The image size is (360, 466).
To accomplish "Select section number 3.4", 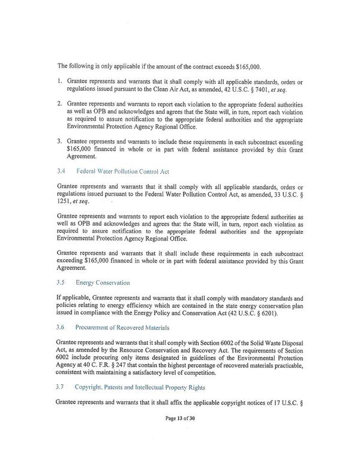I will tap(61, 171).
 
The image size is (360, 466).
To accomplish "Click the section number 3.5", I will tap(61, 282).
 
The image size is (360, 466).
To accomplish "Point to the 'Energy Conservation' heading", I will tap(103, 282).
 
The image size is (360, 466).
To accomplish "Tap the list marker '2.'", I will tap(60, 103).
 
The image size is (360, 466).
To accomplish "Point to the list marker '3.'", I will tap(60, 141).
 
